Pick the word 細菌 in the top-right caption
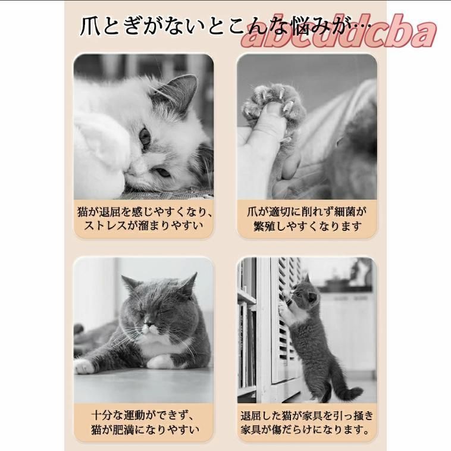(x=347, y=212)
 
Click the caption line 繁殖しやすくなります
(x=308, y=227)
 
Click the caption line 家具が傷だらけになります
(x=307, y=430)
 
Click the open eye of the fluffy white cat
(x=145, y=138)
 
